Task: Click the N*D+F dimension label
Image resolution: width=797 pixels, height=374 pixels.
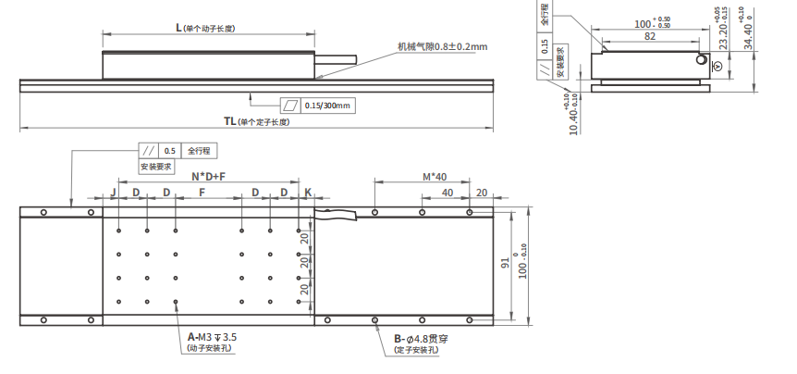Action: pos(208,175)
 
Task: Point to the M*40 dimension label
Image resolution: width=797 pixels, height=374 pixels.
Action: pos(434,176)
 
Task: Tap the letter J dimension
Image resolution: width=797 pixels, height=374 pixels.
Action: pos(112,193)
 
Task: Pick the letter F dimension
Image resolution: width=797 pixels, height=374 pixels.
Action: pos(202,193)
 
